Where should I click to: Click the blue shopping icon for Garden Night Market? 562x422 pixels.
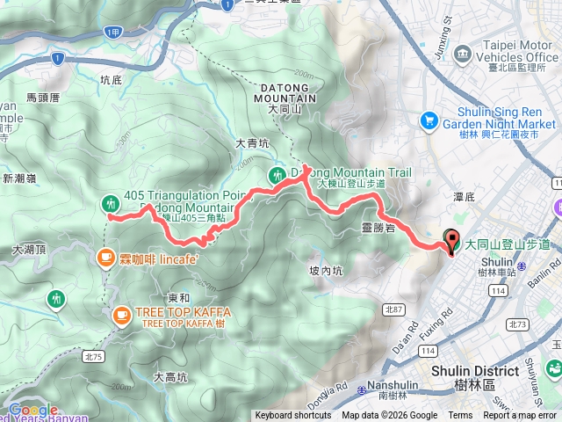[429, 119]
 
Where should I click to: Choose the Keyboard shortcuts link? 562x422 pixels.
[293, 416]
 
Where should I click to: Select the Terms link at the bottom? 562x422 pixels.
[460, 416]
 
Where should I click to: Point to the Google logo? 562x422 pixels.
[32, 410]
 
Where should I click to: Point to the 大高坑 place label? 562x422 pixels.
[170, 377]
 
